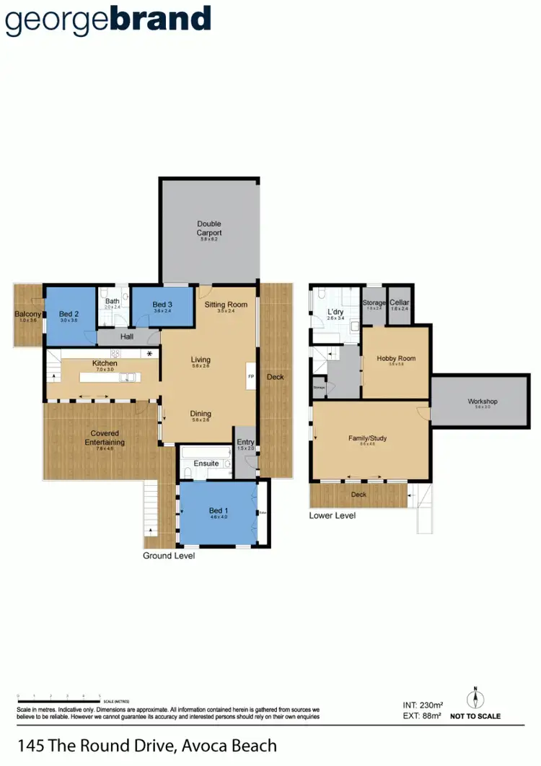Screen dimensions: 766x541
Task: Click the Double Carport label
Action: point(209,228)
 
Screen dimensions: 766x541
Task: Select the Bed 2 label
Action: point(69,314)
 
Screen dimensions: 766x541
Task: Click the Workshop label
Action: point(483,401)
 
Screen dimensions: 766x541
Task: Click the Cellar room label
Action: point(398,303)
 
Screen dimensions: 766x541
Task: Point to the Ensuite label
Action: point(206,463)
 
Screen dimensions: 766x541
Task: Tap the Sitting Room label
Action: point(226,305)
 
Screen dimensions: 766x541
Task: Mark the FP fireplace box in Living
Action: point(251,377)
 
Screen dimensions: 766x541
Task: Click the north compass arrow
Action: point(475,698)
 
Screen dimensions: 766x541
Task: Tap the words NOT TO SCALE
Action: point(475,716)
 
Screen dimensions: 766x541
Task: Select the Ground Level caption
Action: point(169,556)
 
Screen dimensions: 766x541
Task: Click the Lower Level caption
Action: point(332,515)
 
